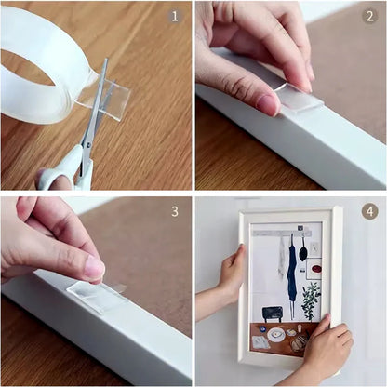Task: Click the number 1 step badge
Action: [x=176, y=16]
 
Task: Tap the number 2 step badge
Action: [x=369, y=16]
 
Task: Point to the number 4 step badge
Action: [x=369, y=211]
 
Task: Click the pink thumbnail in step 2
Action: [x=268, y=103]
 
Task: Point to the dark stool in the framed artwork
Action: [x=272, y=314]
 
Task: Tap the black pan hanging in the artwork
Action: [x=304, y=251]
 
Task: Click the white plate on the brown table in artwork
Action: [x=278, y=331]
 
